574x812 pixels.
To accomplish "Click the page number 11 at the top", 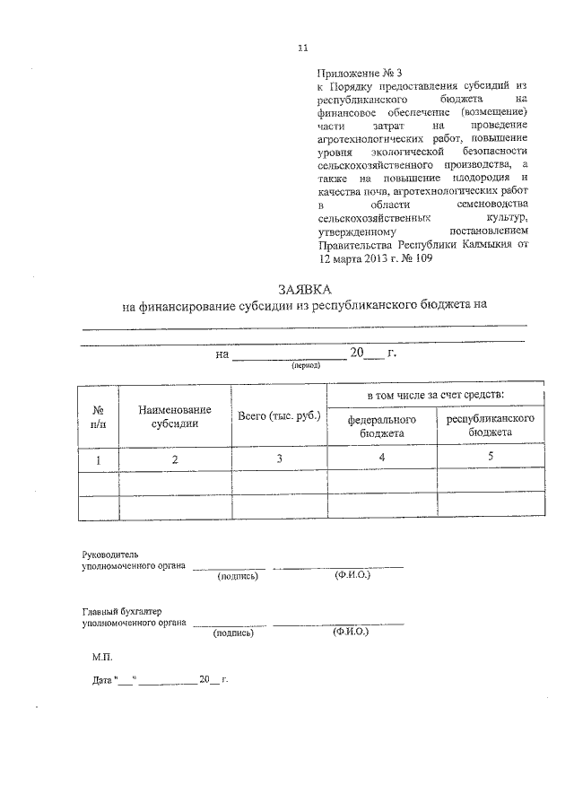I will coord(302,48).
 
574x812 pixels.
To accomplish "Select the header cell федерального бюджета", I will coord(381,426).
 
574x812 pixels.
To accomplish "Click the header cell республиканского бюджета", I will coord(491,426).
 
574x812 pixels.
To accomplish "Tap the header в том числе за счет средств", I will coord(435,395).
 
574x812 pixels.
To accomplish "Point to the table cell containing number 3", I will coord(279,458).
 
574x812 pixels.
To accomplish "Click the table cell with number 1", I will coord(99,459).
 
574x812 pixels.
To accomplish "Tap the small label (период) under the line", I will coord(293,366).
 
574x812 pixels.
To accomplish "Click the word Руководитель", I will coord(110,554).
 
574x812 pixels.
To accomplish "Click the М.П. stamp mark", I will coord(102,657).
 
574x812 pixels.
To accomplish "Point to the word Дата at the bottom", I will coord(101,680).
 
